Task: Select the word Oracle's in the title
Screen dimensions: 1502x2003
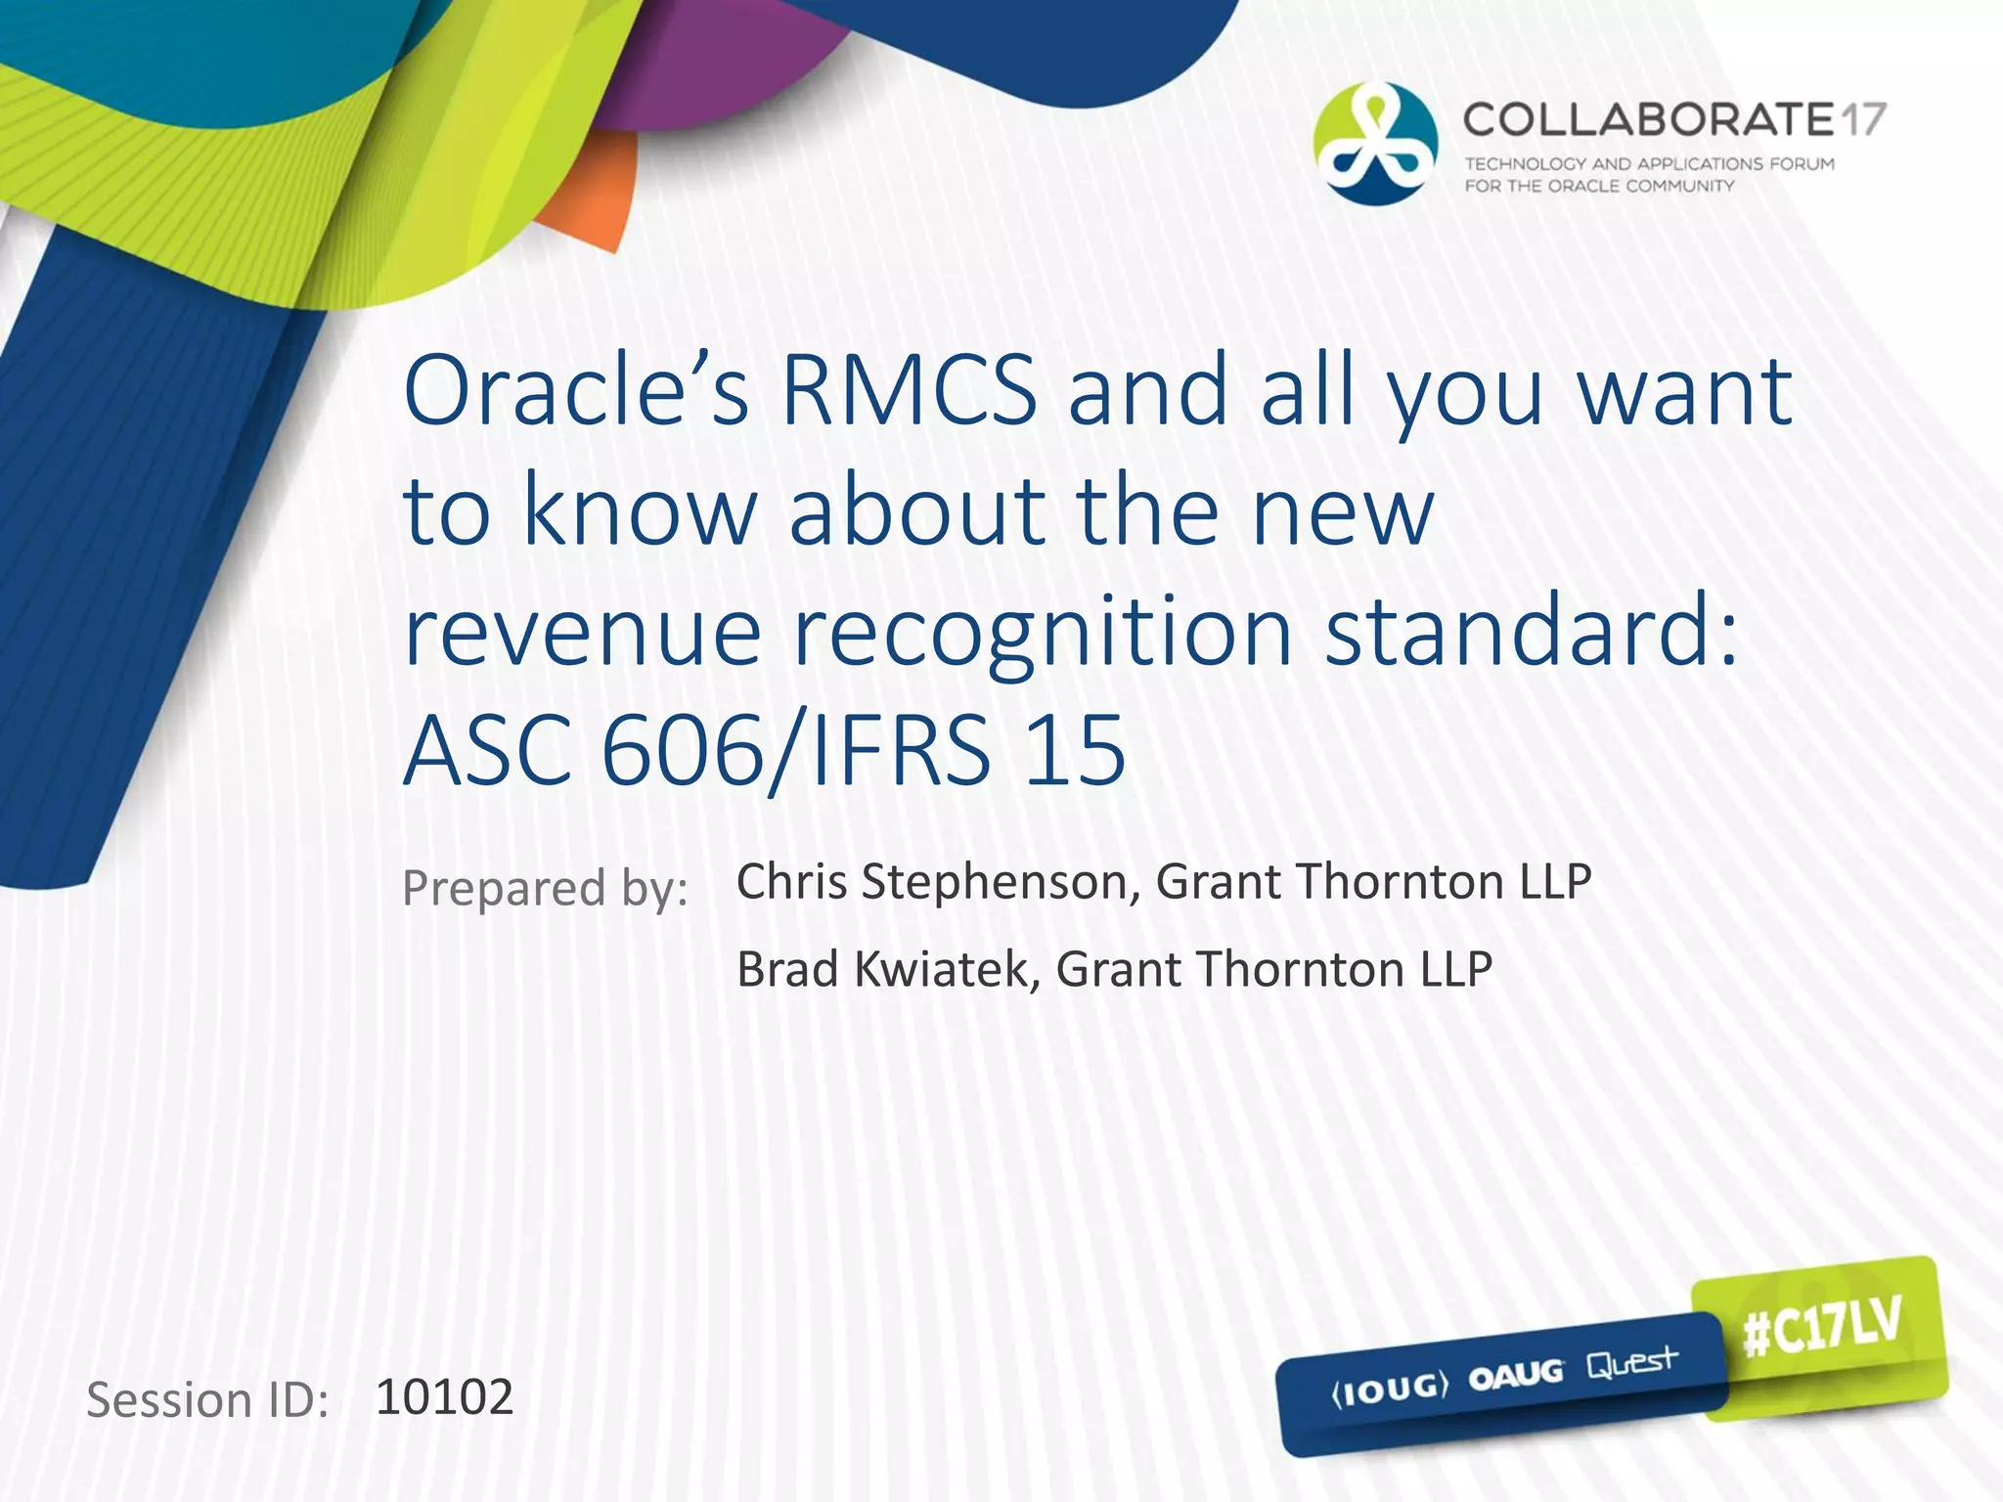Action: pos(577,391)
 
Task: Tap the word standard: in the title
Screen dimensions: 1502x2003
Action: pos(1531,633)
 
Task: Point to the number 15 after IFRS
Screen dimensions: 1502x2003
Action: pos(1074,751)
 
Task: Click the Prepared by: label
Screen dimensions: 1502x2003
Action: pos(545,888)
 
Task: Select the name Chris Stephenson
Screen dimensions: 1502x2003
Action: pos(936,882)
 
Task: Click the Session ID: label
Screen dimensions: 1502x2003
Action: pos(207,1400)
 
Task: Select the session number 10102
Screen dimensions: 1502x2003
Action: pos(444,1397)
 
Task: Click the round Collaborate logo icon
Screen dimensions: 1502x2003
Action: pos(1374,144)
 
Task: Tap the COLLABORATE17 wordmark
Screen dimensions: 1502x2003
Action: pos(1673,120)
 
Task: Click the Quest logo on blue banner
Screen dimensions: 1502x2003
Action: pos(1630,1362)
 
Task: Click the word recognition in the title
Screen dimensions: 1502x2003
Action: pos(1042,633)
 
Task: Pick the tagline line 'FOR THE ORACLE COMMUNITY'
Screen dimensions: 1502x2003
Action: pos(1598,186)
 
